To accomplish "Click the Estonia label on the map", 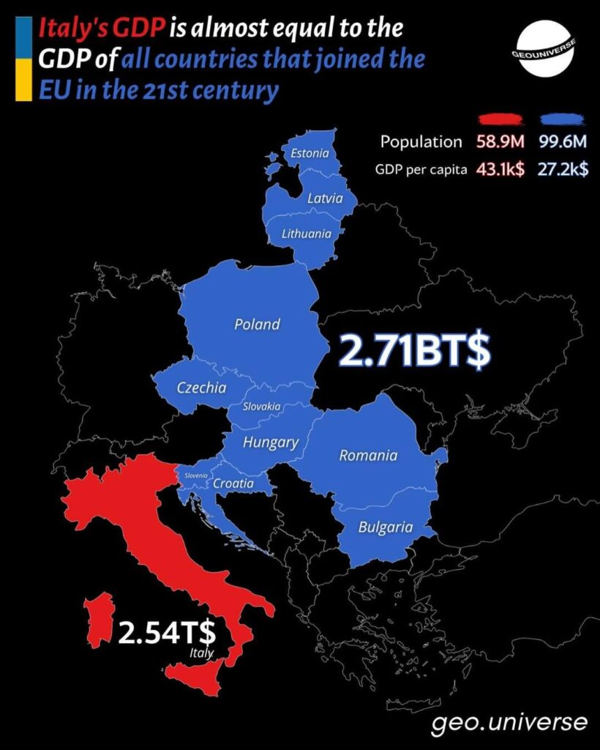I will (310, 154).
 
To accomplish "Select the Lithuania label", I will (307, 234).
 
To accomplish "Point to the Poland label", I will (257, 324).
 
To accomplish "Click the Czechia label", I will (202, 387).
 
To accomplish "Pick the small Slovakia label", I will (261, 406).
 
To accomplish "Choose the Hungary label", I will (270, 442).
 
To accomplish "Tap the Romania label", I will (368, 456).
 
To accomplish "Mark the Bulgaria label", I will (385, 527).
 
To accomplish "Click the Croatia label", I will (233, 483).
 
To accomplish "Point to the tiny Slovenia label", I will (197, 475).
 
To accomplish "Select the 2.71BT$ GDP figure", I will (414, 352).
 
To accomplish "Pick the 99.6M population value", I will (564, 142).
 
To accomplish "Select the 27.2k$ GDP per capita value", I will (564, 169).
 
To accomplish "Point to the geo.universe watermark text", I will (509, 722).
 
